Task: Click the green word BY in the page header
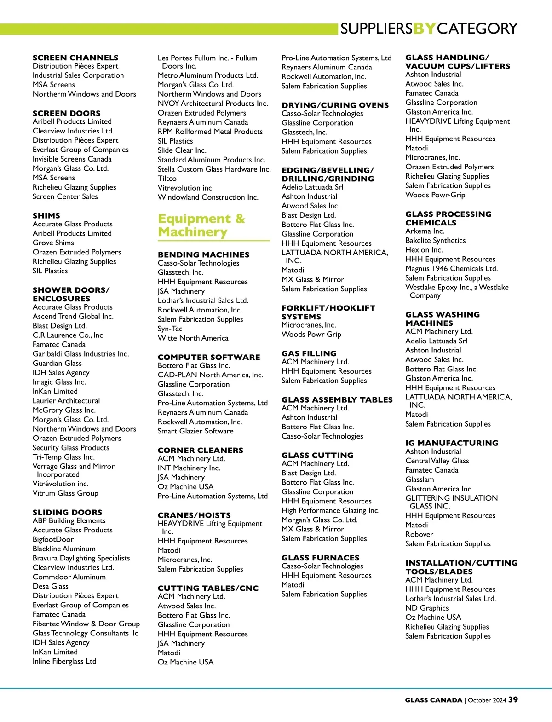[x=425, y=29]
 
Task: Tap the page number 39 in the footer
[x=513, y=699]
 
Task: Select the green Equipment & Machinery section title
[x=201, y=225]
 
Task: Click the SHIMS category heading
[x=46, y=215]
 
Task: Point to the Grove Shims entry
[x=53, y=243]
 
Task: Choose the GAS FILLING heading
[x=309, y=353]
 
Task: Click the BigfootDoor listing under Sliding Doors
[x=53, y=539]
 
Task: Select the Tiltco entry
[x=167, y=178]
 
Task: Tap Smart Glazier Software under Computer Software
[x=195, y=431]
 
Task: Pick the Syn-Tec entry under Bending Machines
[x=170, y=329]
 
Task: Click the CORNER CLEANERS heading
[x=201, y=450]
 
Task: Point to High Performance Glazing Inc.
[x=330, y=510]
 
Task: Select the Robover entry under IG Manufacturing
[x=419, y=534]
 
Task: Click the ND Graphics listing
[x=427, y=608]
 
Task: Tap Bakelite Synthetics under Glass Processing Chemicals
[x=435, y=240]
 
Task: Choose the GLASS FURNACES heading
[x=320, y=557]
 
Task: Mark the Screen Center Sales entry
[x=65, y=196]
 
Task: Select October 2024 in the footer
[x=487, y=700]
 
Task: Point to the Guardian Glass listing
[x=57, y=363]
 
